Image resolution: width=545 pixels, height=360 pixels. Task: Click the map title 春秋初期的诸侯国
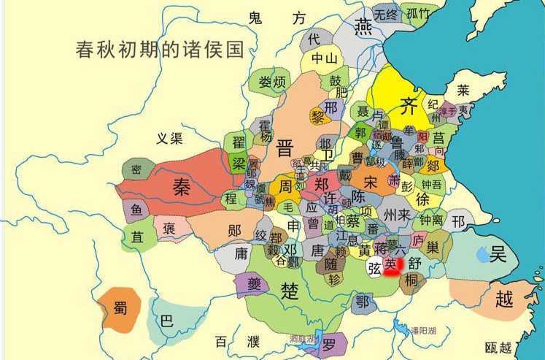[159, 50]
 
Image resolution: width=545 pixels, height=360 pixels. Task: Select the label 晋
[284, 149]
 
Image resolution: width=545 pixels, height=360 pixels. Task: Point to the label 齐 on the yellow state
[410, 107]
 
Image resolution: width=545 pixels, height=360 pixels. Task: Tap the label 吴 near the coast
[498, 254]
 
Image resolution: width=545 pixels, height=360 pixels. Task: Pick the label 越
[503, 298]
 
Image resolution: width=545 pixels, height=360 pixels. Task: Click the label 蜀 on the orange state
[120, 309]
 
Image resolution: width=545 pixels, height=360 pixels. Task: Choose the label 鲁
[398, 141]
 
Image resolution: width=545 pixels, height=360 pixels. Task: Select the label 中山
[322, 58]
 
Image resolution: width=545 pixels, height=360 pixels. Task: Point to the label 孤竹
[418, 12]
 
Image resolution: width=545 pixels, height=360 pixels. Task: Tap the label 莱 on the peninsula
[463, 90]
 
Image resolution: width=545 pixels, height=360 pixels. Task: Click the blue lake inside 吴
[483, 256]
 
